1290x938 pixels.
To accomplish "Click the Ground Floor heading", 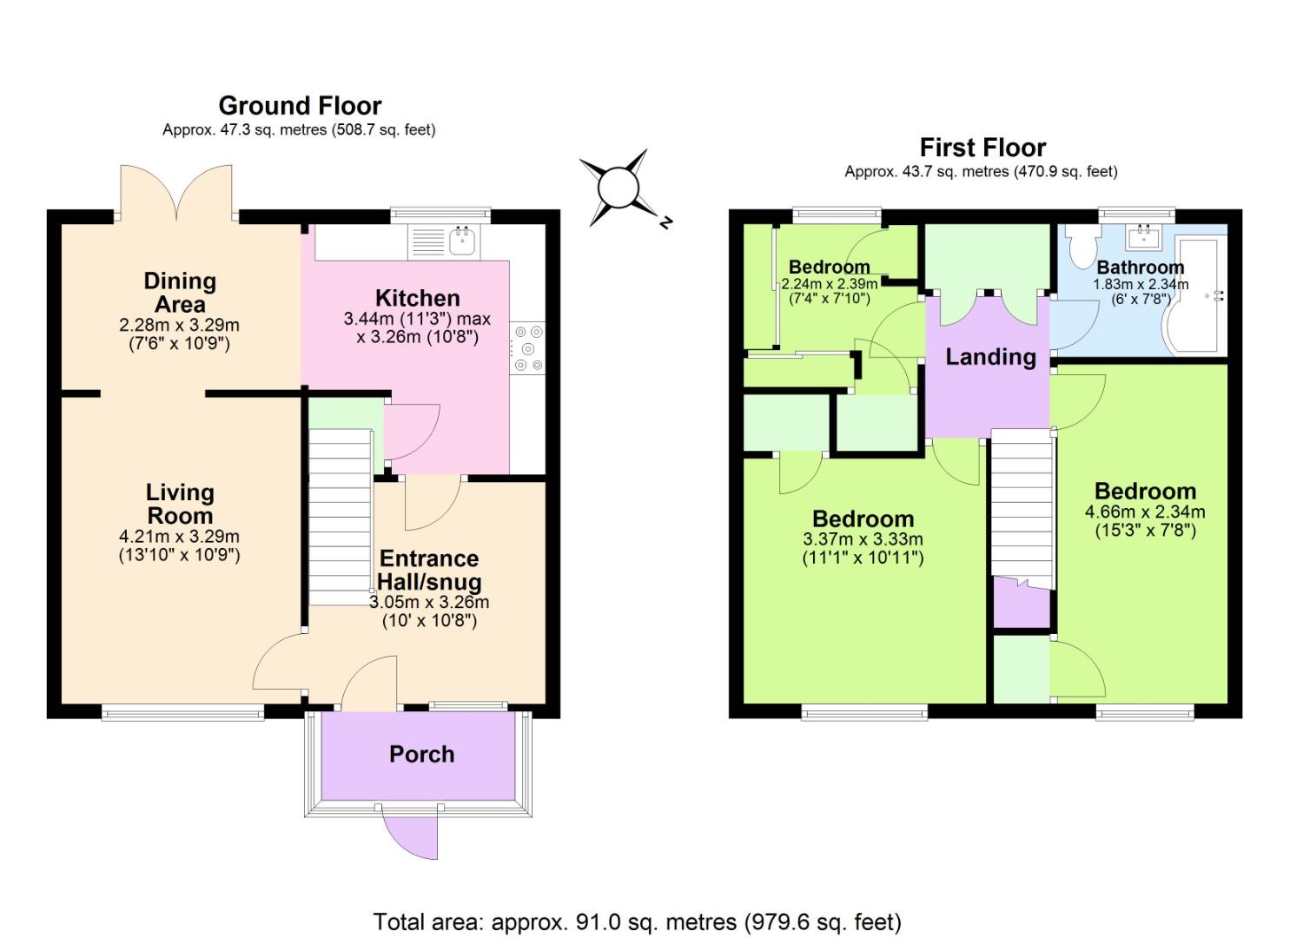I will pos(300,106).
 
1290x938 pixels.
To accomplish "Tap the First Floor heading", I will pos(982,148).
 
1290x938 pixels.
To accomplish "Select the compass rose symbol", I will pos(619,187).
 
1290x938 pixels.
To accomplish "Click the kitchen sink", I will pos(462,241).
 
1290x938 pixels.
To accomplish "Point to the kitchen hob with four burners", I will pos(527,348).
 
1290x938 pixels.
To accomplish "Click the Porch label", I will pos(421,754).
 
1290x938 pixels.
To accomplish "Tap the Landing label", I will pos(990,357).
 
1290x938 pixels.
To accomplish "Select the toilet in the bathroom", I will pos(1082,247).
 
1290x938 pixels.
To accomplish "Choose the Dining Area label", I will pos(180,293).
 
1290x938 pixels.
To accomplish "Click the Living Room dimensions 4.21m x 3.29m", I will pos(179,537).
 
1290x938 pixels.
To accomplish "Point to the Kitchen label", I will pos(417,298).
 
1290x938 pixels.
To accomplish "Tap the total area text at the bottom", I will pos(637,921).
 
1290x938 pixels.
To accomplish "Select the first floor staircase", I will pos(1022,504).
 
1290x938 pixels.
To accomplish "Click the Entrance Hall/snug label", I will pos(429,570).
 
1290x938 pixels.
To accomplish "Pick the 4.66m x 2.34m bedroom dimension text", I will pos(1145,512).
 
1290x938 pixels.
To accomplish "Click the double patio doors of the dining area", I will pos(178,191).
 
